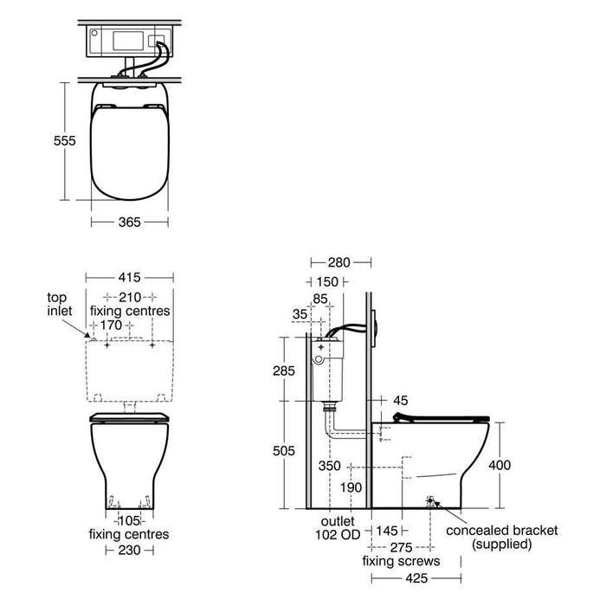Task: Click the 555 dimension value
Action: point(65,140)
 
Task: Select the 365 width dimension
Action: point(130,222)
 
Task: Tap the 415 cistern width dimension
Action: point(130,278)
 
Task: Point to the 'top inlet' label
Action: point(60,304)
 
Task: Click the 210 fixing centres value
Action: point(130,297)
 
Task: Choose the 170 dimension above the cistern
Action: point(112,325)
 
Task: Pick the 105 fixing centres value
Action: point(129,520)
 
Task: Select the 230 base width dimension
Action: point(130,550)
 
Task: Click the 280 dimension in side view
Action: point(339,263)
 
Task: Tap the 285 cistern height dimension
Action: point(284,371)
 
